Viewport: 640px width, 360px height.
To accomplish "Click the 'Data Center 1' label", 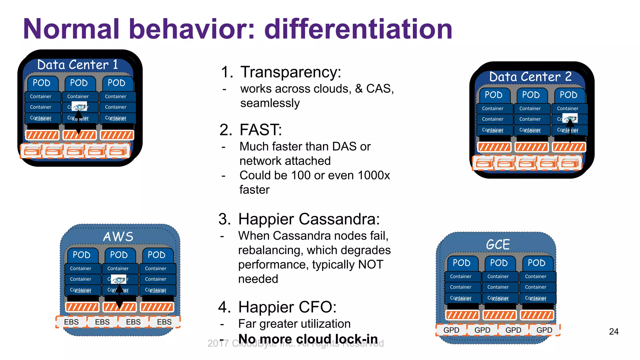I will coord(77,65).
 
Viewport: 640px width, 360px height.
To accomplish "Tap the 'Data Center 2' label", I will coord(530,77).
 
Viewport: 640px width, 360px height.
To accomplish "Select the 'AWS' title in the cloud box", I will coord(118,237).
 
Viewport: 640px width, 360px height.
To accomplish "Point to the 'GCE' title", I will coord(498,244).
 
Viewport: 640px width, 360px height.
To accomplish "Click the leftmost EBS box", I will coord(71,322).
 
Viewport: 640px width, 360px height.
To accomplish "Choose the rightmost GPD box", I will coord(544,330).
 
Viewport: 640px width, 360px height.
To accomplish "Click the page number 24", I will coord(613,332).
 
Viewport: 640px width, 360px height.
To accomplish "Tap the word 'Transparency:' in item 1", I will coord(291,72).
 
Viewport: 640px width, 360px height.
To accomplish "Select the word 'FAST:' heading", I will coord(261,130).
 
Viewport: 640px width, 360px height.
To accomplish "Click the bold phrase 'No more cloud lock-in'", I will coord(308,339).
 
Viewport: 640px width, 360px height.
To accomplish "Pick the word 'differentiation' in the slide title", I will coord(358,29).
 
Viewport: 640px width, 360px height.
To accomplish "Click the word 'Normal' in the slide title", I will coord(71,29).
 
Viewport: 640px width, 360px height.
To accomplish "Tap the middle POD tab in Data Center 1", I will coord(79,83).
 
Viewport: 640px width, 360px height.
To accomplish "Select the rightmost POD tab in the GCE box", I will coord(537,263).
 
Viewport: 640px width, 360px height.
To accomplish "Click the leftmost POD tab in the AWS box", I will coord(82,255).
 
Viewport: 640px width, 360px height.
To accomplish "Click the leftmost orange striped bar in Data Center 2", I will coord(494,147).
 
